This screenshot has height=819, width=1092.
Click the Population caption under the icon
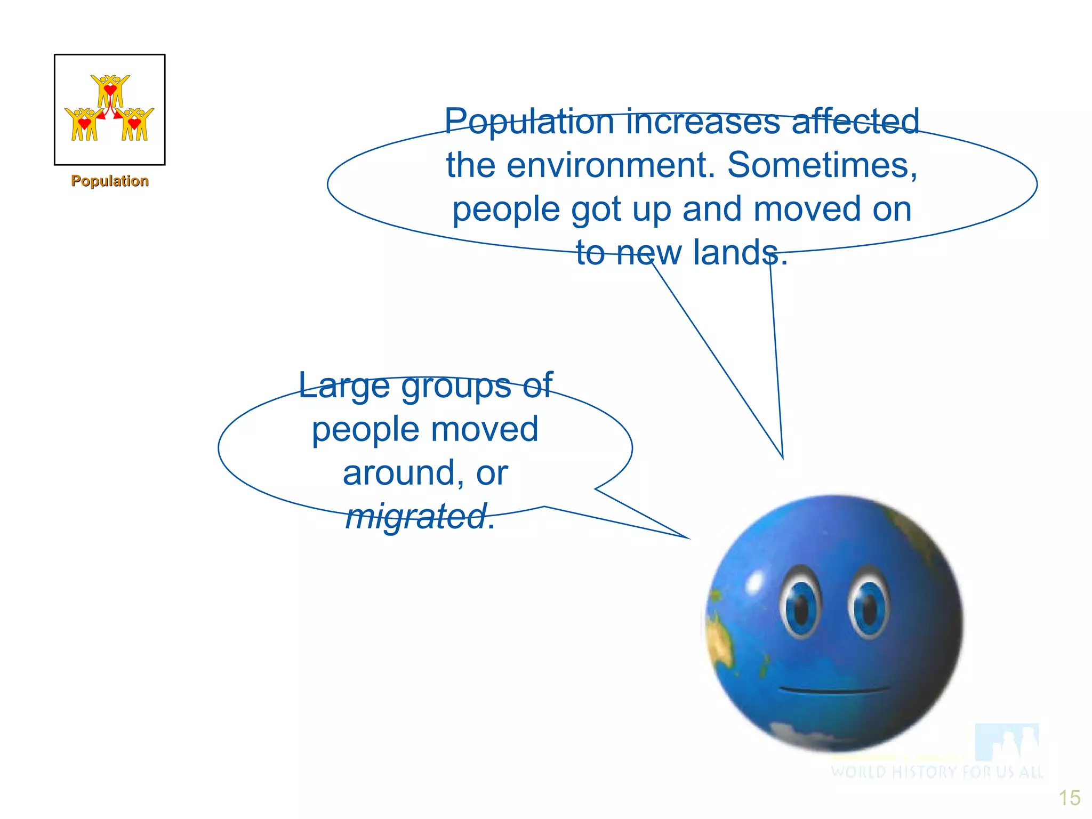(x=110, y=181)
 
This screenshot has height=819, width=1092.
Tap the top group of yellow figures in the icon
(x=110, y=90)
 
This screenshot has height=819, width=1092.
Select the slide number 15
(x=1069, y=798)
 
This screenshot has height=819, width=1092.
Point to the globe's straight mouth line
(x=834, y=690)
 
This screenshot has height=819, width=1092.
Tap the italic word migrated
(x=415, y=517)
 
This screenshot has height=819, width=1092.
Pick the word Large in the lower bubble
(x=344, y=386)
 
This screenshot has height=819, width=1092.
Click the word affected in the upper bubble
(x=855, y=122)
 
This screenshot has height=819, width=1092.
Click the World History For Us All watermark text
(x=936, y=772)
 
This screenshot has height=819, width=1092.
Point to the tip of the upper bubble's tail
(x=782, y=457)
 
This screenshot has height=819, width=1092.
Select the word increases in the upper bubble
(x=703, y=122)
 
